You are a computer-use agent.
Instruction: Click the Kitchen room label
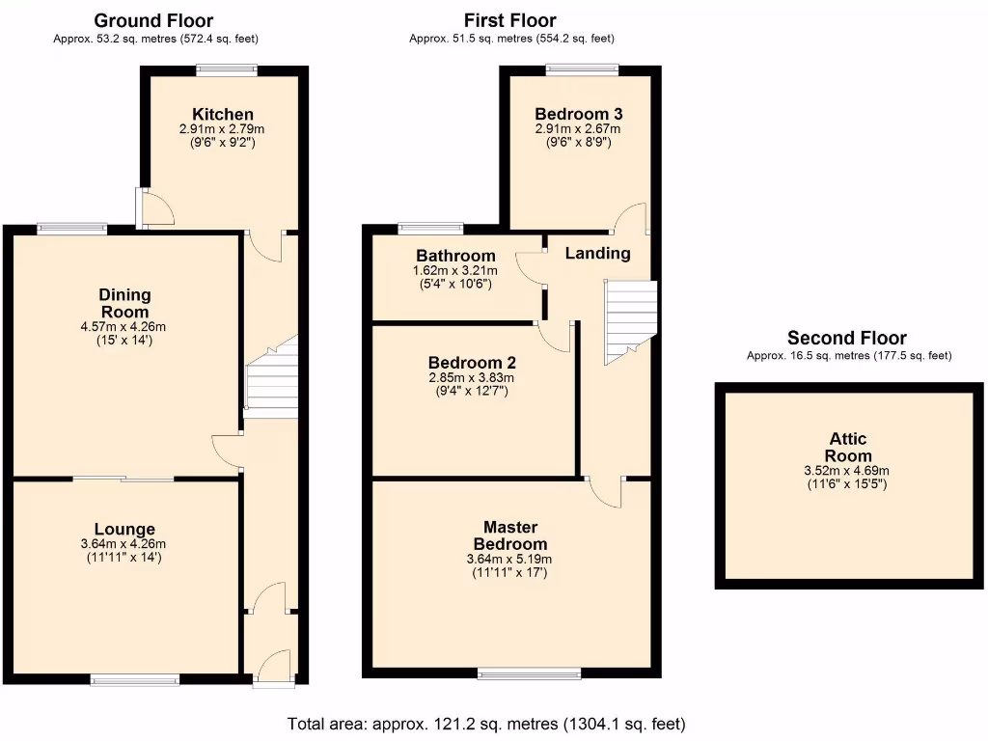222,114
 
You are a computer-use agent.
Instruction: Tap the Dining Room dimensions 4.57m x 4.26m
124,326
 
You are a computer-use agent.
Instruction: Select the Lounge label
124,529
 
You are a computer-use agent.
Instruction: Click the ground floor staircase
271,379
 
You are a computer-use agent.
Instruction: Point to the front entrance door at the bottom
275,669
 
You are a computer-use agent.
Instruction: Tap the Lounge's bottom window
135,679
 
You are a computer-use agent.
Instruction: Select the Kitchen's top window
227,69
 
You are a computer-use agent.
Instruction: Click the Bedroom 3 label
579,113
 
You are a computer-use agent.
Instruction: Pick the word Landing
597,254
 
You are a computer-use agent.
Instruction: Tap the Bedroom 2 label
472,363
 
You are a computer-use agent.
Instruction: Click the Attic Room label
848,449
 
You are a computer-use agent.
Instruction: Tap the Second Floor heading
846,338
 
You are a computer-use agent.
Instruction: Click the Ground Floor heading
154,20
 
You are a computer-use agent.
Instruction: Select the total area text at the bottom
486,723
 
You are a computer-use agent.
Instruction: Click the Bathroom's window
430,229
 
